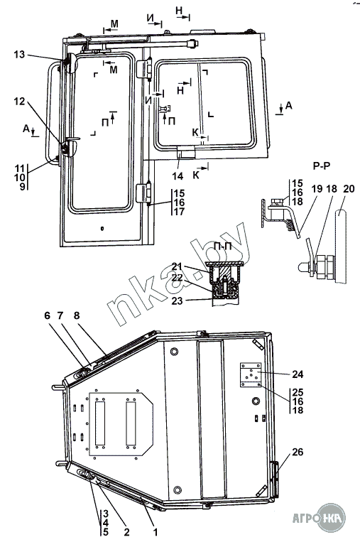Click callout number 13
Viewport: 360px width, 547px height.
20,54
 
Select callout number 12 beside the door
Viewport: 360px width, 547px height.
20,101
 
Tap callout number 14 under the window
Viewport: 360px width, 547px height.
178,176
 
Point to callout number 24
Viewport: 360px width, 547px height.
298,374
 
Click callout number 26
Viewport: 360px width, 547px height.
298,452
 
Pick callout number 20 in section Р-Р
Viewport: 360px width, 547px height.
349,189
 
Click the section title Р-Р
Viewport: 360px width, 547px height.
321,166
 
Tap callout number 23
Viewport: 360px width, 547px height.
178,300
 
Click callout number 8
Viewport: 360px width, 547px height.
77,315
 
